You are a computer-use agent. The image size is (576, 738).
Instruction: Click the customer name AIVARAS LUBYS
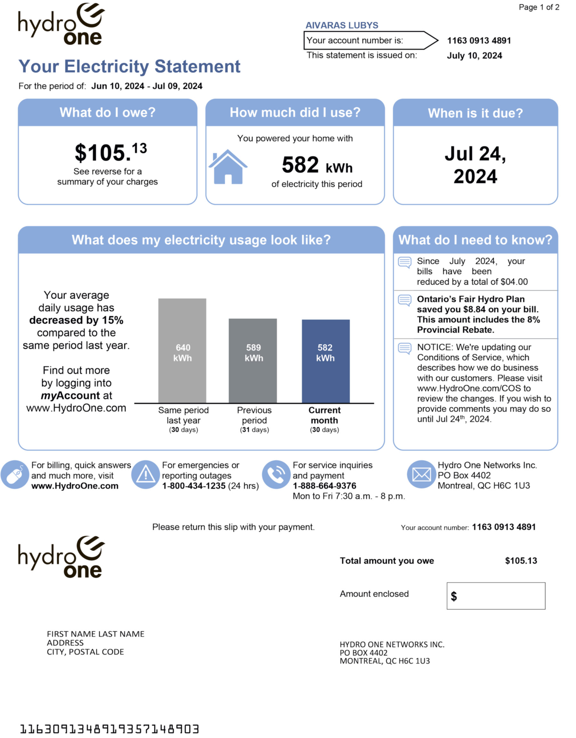pyautogui.click(x=342, y=25)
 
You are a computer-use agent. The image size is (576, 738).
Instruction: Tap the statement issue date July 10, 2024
pyautogui.click(x=474, y=56)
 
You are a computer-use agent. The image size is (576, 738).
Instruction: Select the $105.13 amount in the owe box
pyautogui.click(x=111, y=152)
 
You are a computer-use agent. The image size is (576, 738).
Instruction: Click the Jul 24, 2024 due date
pyautogui.click(x=475, y=165)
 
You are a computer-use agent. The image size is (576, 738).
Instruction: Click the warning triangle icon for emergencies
pyautogui.click(x=145, y=474)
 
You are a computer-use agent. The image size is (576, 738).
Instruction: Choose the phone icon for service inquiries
pyautogui.click(x=276, y=474)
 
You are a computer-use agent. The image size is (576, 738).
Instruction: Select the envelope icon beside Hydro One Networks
pyautogui.click(x=421, y=474)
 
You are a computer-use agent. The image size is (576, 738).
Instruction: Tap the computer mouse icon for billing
pyautogui.click(x=15, y=474)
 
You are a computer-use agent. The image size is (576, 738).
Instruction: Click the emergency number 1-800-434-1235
pyautogui.click(x=194, y=486)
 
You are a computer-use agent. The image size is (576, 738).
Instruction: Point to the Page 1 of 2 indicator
pyautogui.click(x=539, y=7)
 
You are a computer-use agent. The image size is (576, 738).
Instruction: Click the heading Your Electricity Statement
pyautogui.click(x=129, y=66)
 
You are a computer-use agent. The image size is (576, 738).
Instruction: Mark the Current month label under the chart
pyautogui.click(x=324, y=415)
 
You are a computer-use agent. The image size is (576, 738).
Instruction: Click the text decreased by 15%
pyautogui.click(x=76, y=320)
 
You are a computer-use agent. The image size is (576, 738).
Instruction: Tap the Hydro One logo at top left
pyautogui.click(x=61, y=24)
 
